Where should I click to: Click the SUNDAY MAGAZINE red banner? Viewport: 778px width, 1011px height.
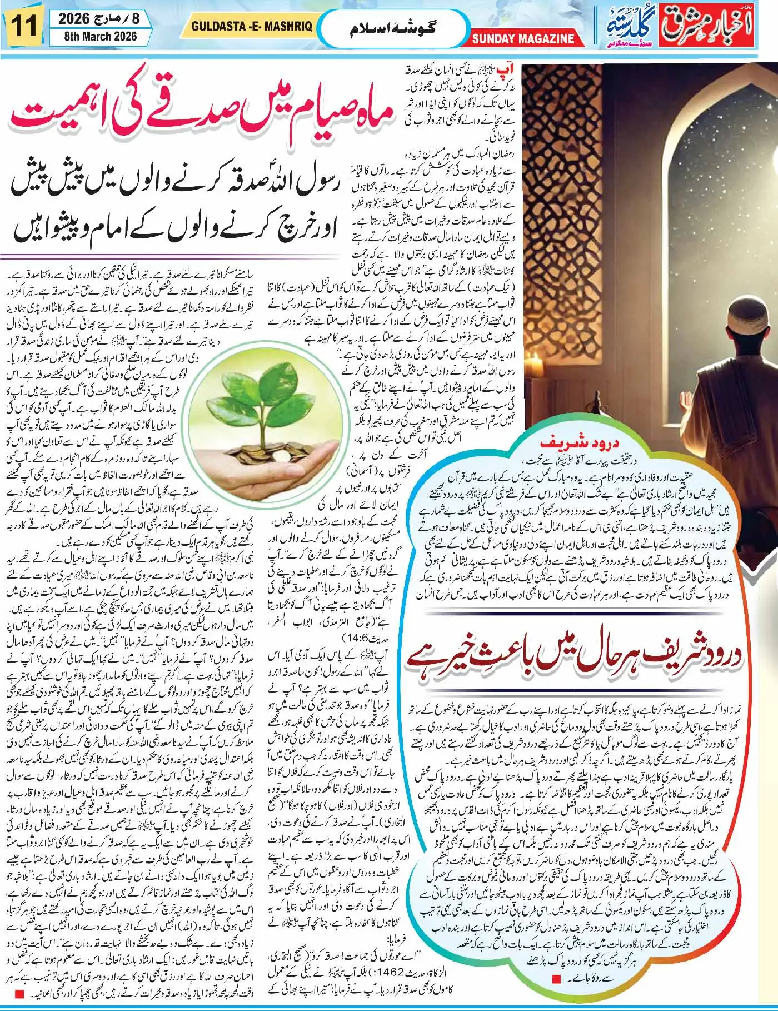tap(523, 39)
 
